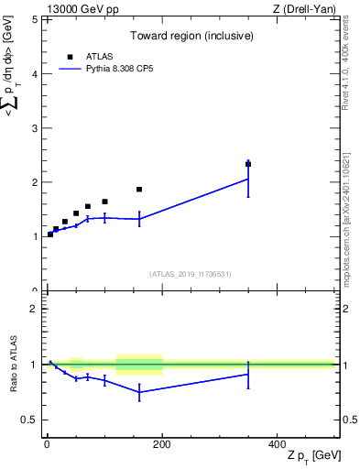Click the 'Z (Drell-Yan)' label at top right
point(303,8)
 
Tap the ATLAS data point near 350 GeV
point(248,164)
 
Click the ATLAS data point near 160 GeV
point(139,190)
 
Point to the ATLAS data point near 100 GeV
point(104,202)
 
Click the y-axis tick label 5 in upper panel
point(35,19)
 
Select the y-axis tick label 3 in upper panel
point(35,127)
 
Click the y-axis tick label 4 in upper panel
point(35,73)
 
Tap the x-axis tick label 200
point(162,444)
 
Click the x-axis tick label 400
point(277,444)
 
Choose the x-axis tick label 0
point(47,444)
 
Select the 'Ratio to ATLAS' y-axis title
point(14,365)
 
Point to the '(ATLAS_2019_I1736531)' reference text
point(191,274)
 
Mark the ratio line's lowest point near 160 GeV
point(139,392)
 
